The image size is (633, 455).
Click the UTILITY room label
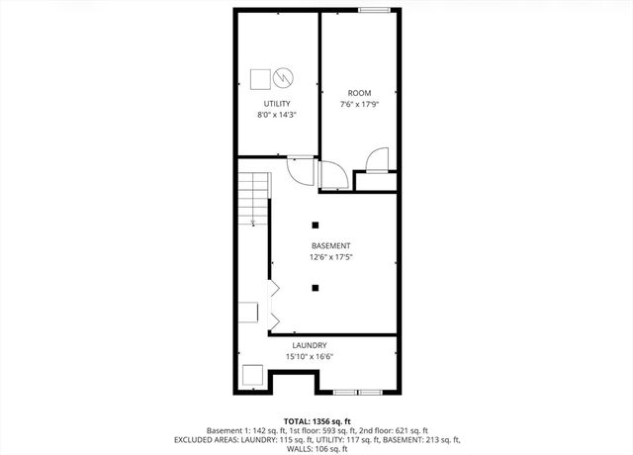tap(277, 104)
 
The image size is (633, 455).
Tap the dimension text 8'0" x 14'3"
tap(277, 116)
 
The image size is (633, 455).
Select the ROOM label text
tap(358, 93)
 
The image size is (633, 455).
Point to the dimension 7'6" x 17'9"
tap(358, 104)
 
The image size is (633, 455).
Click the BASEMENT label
tap(330, 245)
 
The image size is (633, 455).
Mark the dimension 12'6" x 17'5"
tap(330, 257)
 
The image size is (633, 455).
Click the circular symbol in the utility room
tap(282, 76)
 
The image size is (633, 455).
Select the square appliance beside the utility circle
tap(261, 77)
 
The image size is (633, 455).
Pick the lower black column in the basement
tap(316, 288)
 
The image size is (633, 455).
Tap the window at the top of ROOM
tap(372, 10)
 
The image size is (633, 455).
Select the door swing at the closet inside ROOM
tap(377, 161)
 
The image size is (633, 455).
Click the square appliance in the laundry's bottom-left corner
tap(252, 376)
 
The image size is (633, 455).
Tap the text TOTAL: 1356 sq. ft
tap(316, 420)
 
